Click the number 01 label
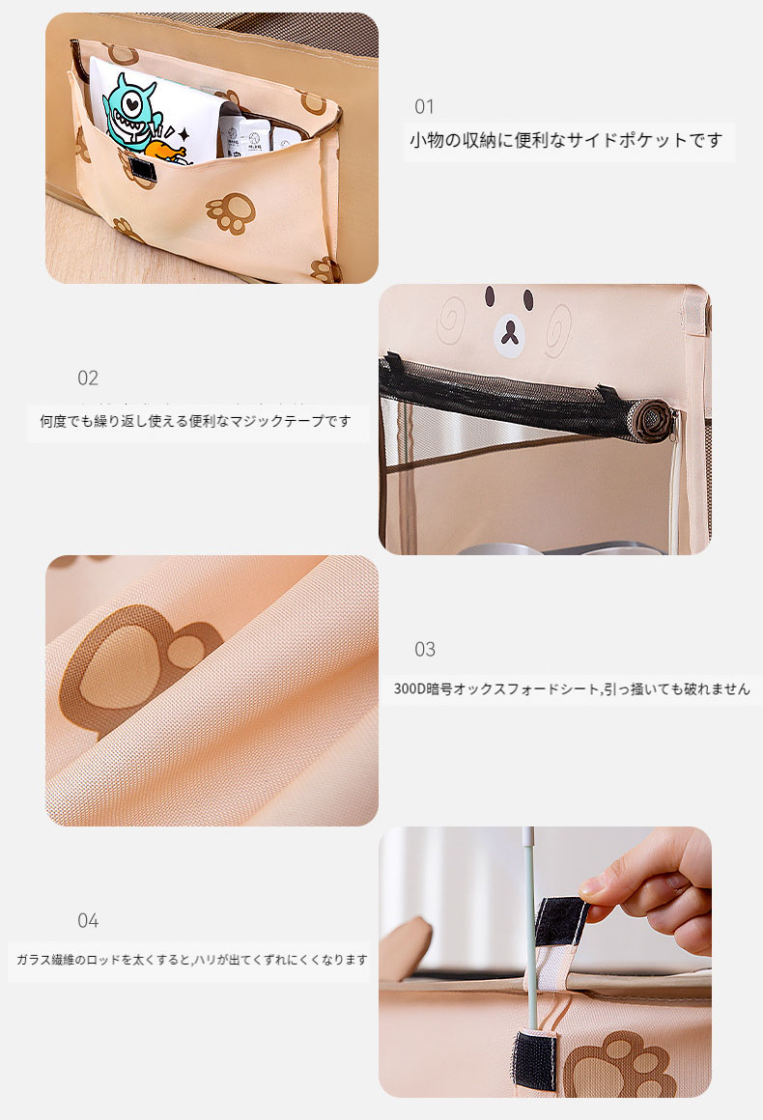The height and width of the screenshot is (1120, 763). (424, 107)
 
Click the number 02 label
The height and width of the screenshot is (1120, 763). (88, 378)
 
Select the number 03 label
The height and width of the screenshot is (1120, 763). (425, 649)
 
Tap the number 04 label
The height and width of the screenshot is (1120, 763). (88, 921)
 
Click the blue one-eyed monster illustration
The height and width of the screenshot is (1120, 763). (130, 113)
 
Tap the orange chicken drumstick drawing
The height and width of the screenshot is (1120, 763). (166, 153)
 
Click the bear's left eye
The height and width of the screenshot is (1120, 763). (490, 296)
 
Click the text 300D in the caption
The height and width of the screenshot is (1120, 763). (410, 689)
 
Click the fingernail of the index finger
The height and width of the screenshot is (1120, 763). (591, 889)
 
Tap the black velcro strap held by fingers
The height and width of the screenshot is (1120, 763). (561, 921)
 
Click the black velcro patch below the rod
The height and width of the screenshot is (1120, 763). (535, 1061)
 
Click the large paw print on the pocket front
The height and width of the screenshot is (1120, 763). (231, 212)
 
